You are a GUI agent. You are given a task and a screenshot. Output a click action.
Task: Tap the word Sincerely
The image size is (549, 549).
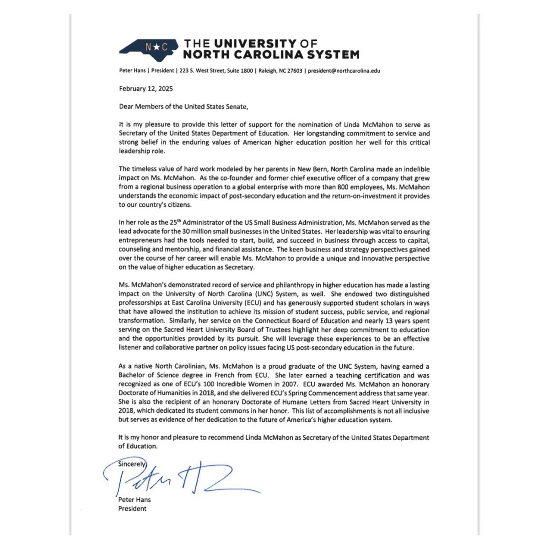[132, 463]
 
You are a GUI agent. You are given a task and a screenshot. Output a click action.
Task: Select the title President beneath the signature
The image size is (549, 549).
[133, 508]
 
